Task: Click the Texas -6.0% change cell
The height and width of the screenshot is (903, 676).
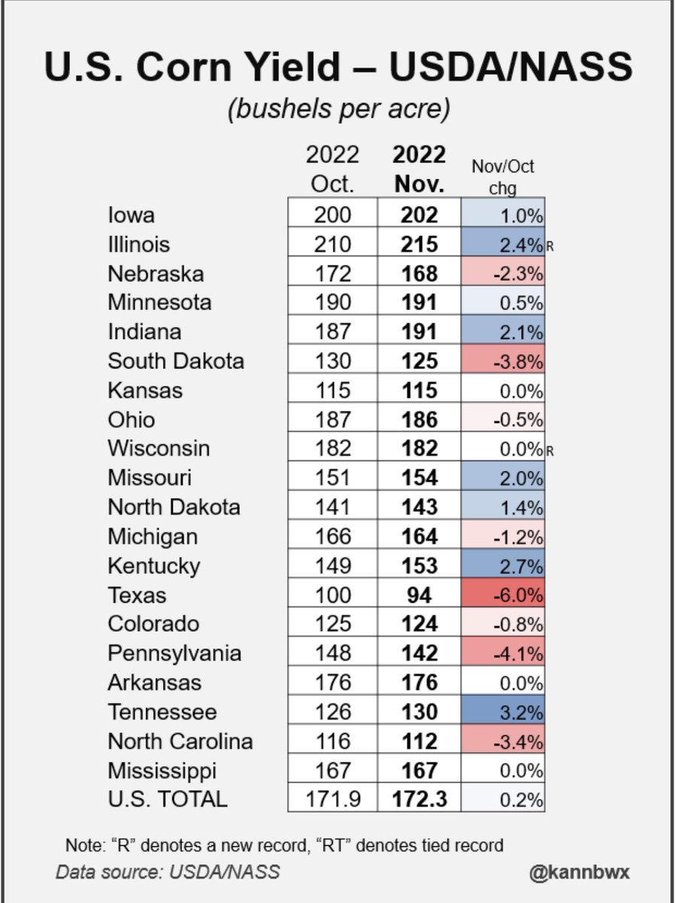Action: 503,595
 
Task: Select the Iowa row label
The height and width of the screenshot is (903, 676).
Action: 132,214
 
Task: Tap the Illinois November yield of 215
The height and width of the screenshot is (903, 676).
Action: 419,244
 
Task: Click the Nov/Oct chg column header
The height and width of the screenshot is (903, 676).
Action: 502,177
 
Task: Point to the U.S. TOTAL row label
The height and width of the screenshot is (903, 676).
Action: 168,798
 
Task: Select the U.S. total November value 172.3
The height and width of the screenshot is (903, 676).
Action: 419,798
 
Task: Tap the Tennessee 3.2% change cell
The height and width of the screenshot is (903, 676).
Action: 503,712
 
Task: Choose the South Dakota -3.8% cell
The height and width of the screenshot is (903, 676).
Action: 503,361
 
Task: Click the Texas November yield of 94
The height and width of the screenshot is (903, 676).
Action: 419,595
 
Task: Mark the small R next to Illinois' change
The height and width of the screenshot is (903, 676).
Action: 550,246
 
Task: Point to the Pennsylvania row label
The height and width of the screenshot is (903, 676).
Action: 174,653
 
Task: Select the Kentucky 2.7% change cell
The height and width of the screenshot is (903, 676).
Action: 503,566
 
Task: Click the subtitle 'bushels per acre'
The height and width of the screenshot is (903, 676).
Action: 338,109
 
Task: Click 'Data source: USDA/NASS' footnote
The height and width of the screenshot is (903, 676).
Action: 168,872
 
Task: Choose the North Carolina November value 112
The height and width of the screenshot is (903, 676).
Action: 419,741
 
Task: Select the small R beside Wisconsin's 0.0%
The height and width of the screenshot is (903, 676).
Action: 550,451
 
